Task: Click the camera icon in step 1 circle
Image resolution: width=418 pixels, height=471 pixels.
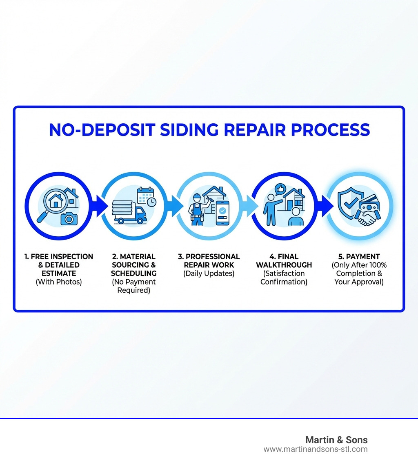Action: coord(69,218)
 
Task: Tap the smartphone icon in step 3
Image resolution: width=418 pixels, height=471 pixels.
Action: coord(222,213)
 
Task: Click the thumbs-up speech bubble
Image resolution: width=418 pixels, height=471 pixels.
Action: coord(280,189)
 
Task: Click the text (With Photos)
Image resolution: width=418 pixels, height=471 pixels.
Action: coord(58,282)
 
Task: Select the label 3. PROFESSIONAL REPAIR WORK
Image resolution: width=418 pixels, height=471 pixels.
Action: coord(209,261)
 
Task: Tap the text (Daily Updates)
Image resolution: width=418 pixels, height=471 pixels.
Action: coord(209,273)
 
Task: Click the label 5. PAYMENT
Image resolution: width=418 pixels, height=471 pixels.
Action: coord(359,257)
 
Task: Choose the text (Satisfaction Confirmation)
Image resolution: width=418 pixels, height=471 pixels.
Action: coord(284,278)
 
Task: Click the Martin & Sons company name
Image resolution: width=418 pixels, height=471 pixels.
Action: coord(336,440)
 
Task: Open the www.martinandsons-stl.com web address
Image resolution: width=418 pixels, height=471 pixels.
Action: coord(315,449)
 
